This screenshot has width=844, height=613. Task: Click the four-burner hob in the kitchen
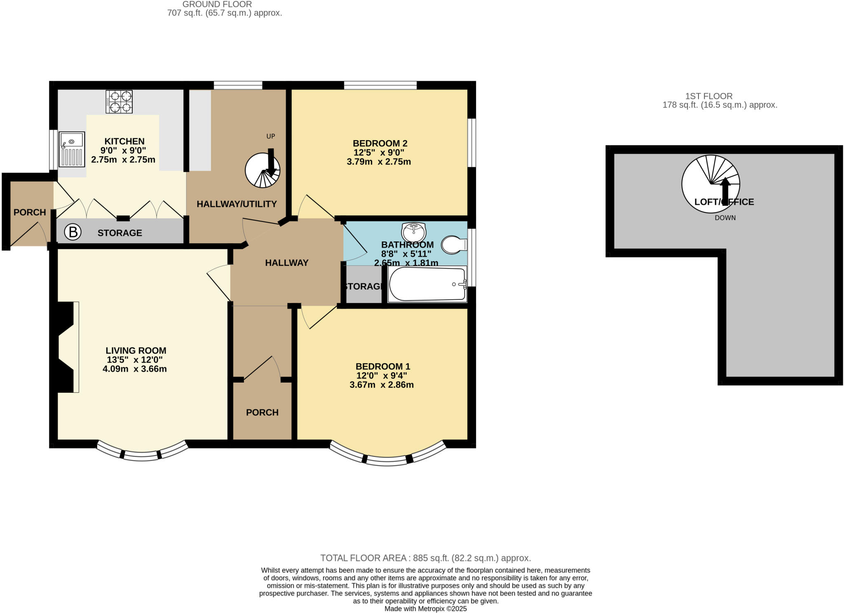119,102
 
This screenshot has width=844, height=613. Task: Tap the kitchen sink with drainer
72,149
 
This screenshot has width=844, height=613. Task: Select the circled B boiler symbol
73,232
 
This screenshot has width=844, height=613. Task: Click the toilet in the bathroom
454,245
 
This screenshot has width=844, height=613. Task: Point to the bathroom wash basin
414,233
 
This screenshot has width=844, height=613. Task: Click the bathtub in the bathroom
427,284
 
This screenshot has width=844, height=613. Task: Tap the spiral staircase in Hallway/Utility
263,170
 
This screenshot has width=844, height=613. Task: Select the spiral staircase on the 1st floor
710,184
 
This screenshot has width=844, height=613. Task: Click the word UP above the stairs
270,136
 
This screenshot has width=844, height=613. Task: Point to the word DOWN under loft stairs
725,218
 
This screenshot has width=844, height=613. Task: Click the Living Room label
136,350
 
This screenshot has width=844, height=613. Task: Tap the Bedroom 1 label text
382,366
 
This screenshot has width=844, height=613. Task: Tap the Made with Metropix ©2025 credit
425,608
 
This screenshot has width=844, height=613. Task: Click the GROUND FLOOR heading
217,5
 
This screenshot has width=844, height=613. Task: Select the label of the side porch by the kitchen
30,212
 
